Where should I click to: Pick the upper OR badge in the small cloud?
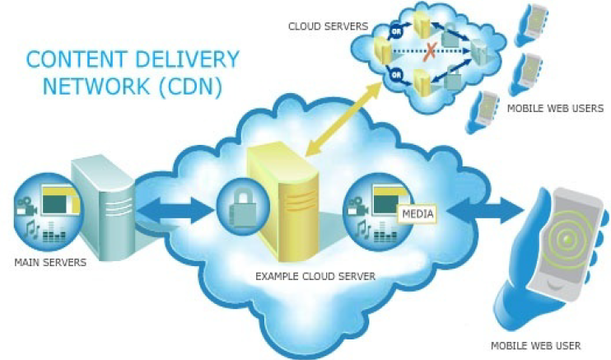395,34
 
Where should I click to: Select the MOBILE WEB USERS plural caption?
555,108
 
